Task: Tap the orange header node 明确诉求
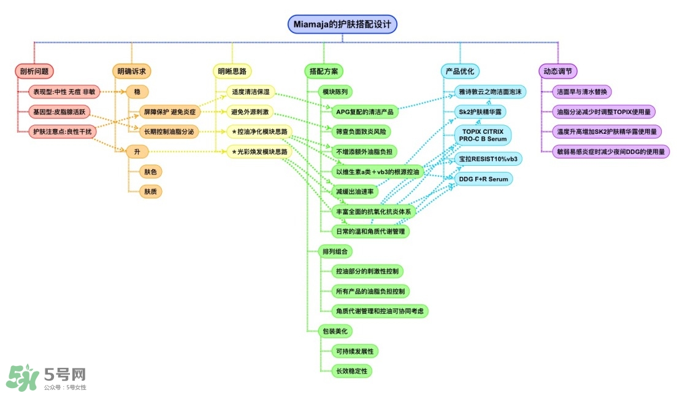pos(131,71)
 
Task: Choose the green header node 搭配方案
pos(324,71)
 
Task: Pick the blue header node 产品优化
pos(460,71)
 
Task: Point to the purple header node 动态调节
pos(557,71)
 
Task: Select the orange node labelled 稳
pos(137,91)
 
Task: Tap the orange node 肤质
pos(150,192)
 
